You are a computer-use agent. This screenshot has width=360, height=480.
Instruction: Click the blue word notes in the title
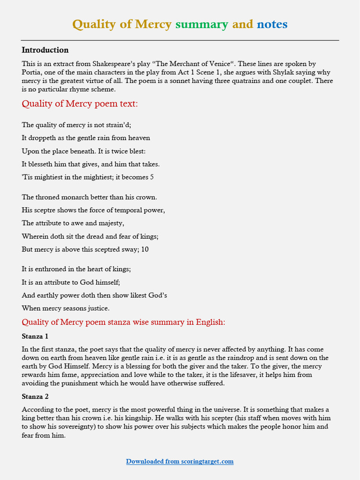[272, 24]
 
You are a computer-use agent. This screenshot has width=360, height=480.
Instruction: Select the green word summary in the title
[202, 24]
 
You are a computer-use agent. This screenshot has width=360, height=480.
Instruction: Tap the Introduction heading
[45, 50]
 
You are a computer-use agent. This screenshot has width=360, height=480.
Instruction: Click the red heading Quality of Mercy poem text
[80, 104]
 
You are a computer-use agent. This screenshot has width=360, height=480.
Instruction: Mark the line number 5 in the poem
[151, 177]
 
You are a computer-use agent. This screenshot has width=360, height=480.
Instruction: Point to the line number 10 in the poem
[145, 249]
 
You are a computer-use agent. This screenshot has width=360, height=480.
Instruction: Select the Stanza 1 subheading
[35, 337]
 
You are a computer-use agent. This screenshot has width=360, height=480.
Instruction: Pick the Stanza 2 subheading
[35, 397]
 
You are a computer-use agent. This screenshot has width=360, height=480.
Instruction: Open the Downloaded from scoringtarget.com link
[180, 462]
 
